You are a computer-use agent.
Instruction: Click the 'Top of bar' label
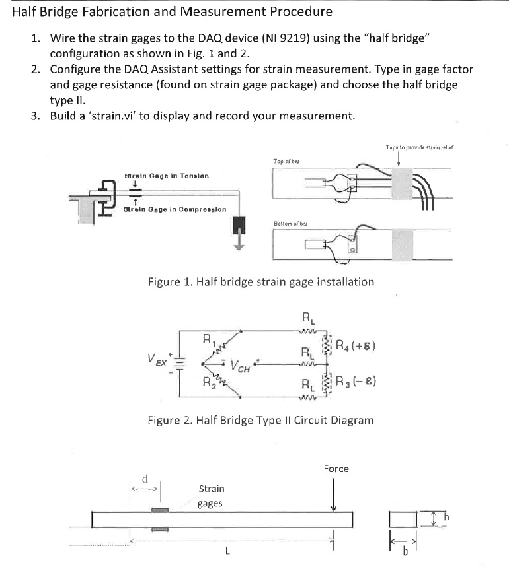click(287, 161)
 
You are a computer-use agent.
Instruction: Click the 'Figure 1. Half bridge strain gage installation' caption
click(260, 282)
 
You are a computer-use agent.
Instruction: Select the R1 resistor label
click(207, 341)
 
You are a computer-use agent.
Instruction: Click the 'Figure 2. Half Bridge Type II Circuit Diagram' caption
click(260, 420)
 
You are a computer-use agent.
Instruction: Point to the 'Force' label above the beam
click(336, 469)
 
